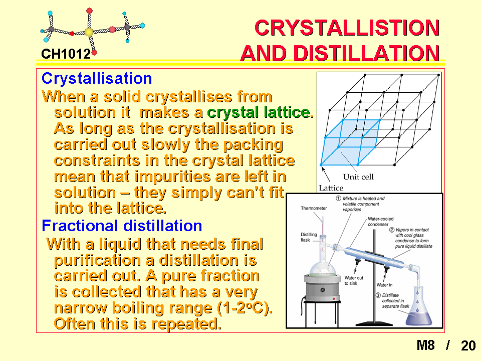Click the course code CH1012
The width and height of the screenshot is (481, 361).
coord(66,54)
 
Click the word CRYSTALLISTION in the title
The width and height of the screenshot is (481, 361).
coord(347,28)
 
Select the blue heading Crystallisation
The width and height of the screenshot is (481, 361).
coord(97,78)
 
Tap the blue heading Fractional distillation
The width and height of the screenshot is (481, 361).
coord(122,226)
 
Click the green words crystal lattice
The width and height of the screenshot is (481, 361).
coord(260,112)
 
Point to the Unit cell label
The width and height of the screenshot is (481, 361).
coord(358,177)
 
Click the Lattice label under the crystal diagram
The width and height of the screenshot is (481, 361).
coord(331,188)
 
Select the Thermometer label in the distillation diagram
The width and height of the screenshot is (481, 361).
coord(314,208)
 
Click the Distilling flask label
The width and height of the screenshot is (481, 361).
coord(309,237)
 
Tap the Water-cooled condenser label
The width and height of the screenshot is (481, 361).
coord(380,222)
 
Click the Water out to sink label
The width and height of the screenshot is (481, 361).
coord(354,281)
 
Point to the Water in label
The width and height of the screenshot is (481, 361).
coord(384,285)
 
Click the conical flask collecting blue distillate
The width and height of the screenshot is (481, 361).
coord(419,307)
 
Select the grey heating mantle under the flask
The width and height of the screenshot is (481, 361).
coord(322,288)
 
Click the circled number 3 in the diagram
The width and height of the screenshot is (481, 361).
coord(378,295)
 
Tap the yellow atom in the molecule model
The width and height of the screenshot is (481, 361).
coord(89,32)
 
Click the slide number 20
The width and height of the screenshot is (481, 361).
coord(468,345)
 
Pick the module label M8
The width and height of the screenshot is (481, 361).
coord(426,345)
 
